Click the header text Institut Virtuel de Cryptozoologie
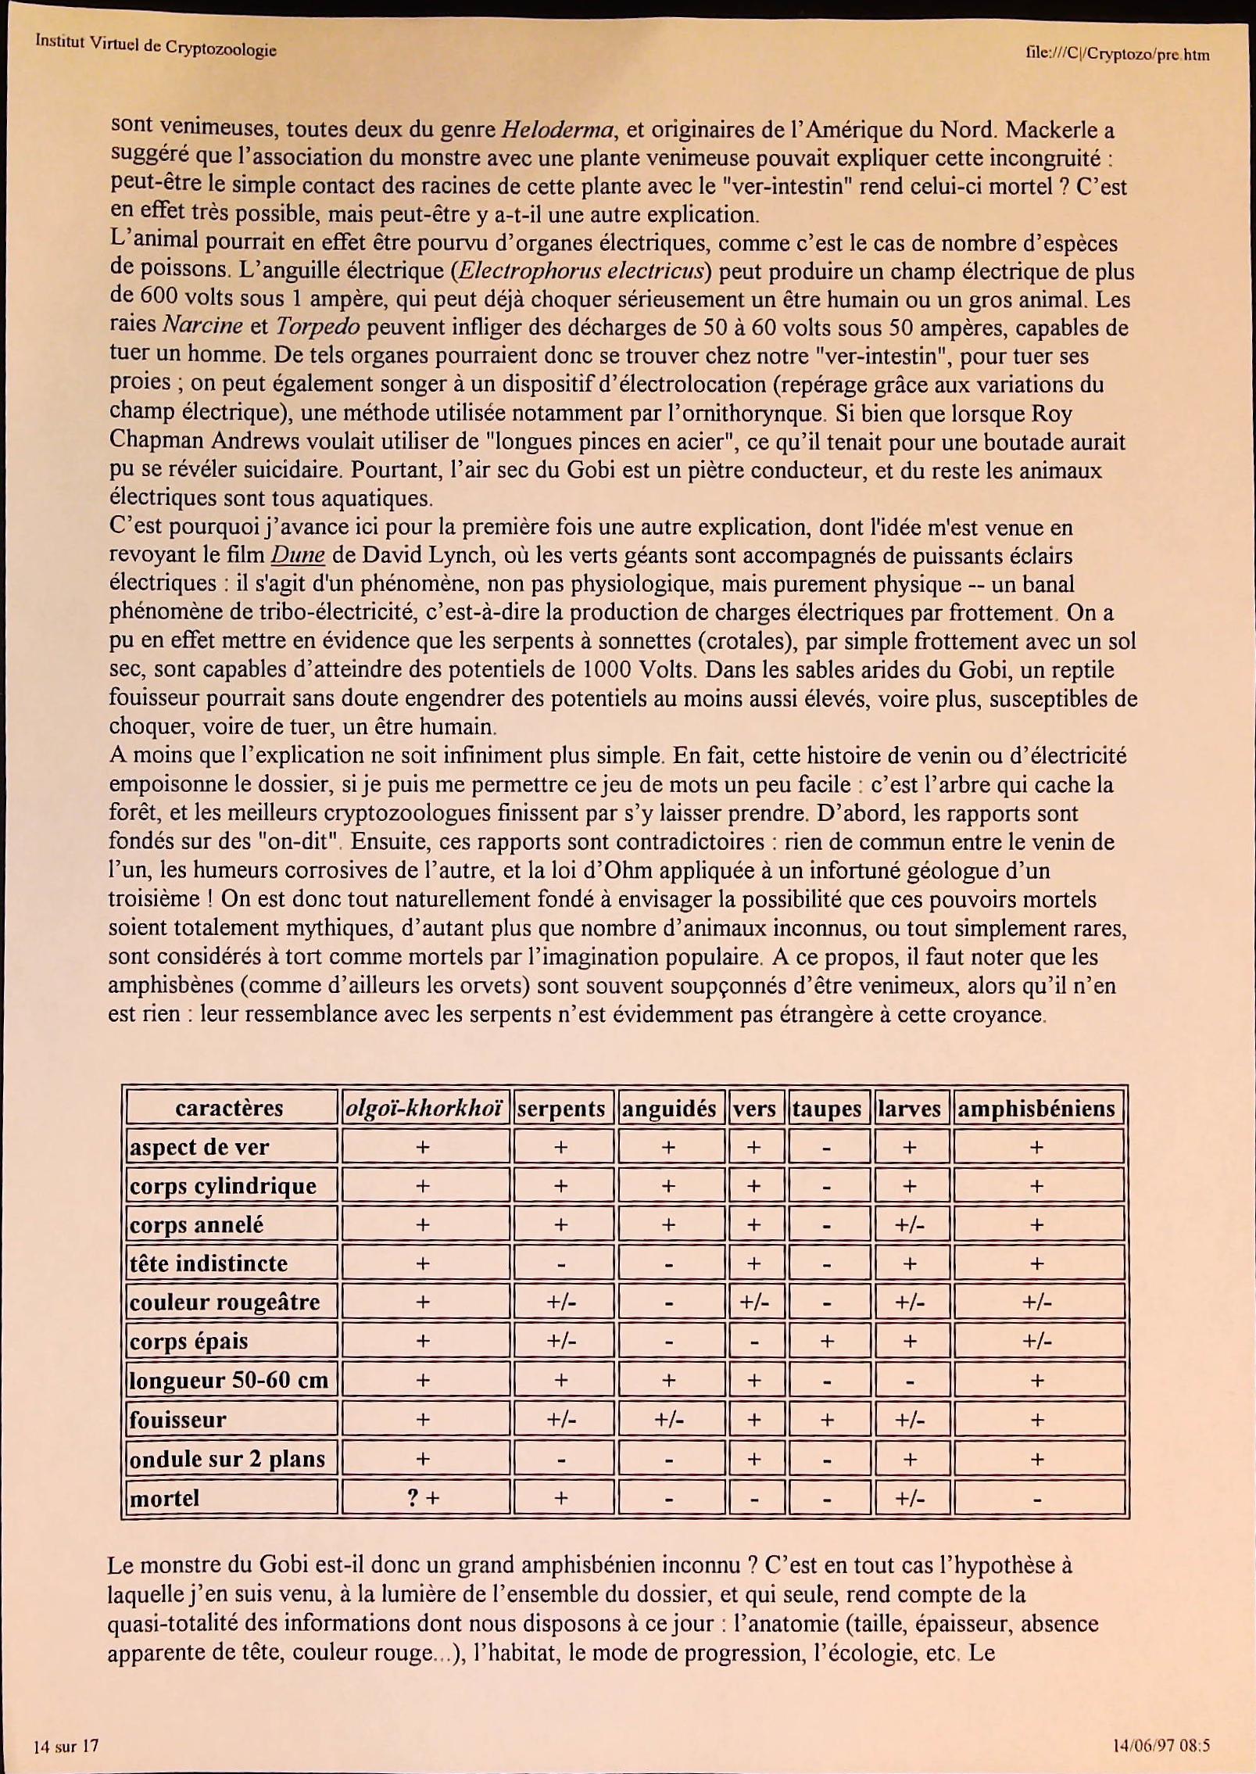click(x=156, y=46)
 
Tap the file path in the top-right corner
click(x=1117, y=54)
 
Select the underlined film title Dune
click(x=297, y=555)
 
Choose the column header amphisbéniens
click(x=1036, y=1108)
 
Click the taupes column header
click(x=827, y=1108)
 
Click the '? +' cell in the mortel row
click(x=423, y=1498)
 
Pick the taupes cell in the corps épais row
click(x=827, y=1342)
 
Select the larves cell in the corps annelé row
click(x=910, y=1225)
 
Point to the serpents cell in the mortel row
click(x=560, y=1498)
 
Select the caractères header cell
click(x=229, y=1108)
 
